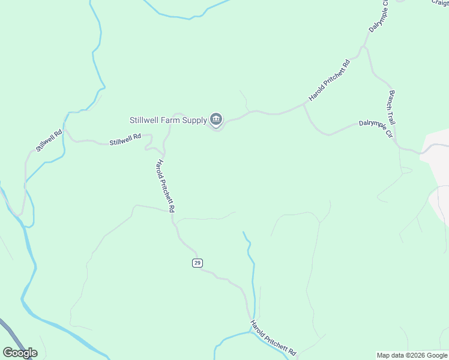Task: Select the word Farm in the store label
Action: click(x=170, y=120)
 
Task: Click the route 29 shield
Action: click(x=197, y=263)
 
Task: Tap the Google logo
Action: click(x=20, y=353)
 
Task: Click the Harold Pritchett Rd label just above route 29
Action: click(x=166, y=186)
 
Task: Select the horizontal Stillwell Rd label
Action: click(x=125, y=140)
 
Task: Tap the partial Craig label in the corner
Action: click(x=440, y=3)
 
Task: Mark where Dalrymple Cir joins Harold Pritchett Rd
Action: click(x=304, y=104)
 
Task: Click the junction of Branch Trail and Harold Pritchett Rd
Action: click(x=364, y=47)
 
